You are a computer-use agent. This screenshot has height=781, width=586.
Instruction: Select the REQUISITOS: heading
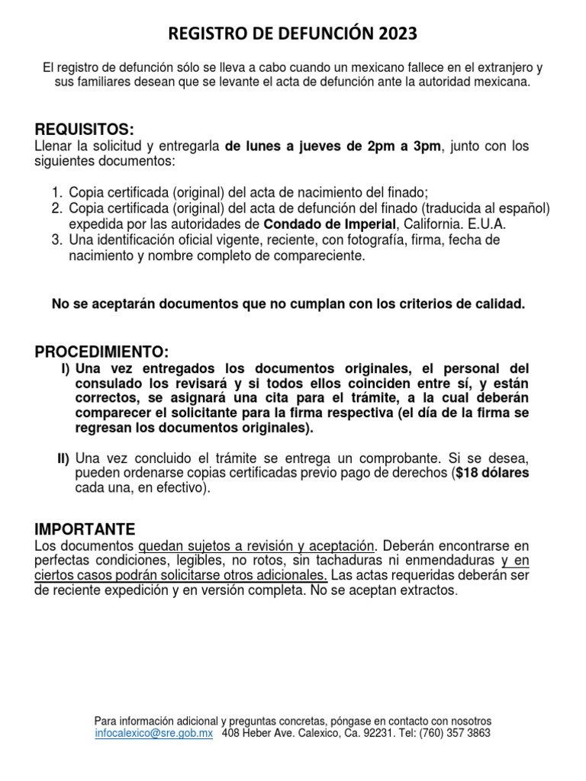[85, 128]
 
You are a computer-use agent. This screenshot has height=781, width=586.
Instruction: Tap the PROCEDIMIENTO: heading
[101, 352]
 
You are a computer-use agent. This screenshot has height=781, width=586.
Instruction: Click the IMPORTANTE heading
[85, 529]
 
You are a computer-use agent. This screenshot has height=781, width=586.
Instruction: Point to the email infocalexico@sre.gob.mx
[153, 733]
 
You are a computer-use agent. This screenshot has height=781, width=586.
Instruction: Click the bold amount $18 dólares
[493, 473]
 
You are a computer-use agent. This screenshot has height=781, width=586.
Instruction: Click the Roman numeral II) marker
[63, 458]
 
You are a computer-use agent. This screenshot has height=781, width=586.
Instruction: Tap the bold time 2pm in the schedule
[382, 146]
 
